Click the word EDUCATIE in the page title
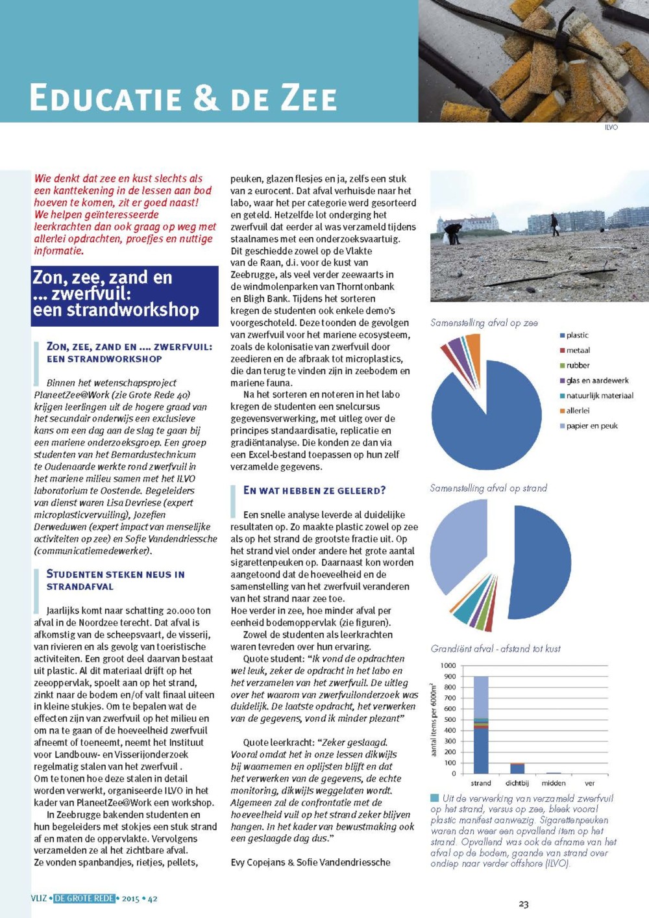(105, 98)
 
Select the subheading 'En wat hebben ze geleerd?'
(314, 491)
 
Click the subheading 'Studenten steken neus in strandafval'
(116, 580)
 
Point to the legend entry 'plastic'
(577, 335)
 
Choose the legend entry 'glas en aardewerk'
(597, 381)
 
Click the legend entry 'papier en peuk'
(591, 426)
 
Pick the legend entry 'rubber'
(578, 365)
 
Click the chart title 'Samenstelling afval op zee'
(484, 323)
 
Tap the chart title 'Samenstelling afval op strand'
(489, 488)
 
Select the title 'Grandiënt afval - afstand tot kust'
(495, 648)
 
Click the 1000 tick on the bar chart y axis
(448, 665)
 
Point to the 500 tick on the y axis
(450, 719)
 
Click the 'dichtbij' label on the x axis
(517, 783)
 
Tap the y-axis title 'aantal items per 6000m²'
(434, 719)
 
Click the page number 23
(524, 904)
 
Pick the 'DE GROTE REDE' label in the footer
(84, 899)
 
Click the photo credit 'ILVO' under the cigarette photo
(611, 127)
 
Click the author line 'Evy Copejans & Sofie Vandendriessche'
(310, 862)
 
